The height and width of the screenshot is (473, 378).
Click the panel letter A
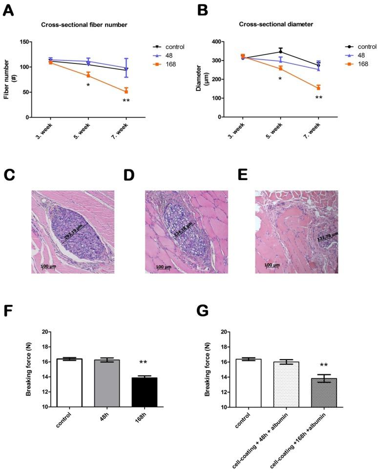[x=9, y=10]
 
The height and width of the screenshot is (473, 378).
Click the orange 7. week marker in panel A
[x=126, y=91]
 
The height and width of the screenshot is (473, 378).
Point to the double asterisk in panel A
[x=126, y=101]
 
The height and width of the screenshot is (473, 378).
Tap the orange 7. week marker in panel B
[x=318, y=88]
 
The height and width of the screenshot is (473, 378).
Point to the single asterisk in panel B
[x=280, y=79]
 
